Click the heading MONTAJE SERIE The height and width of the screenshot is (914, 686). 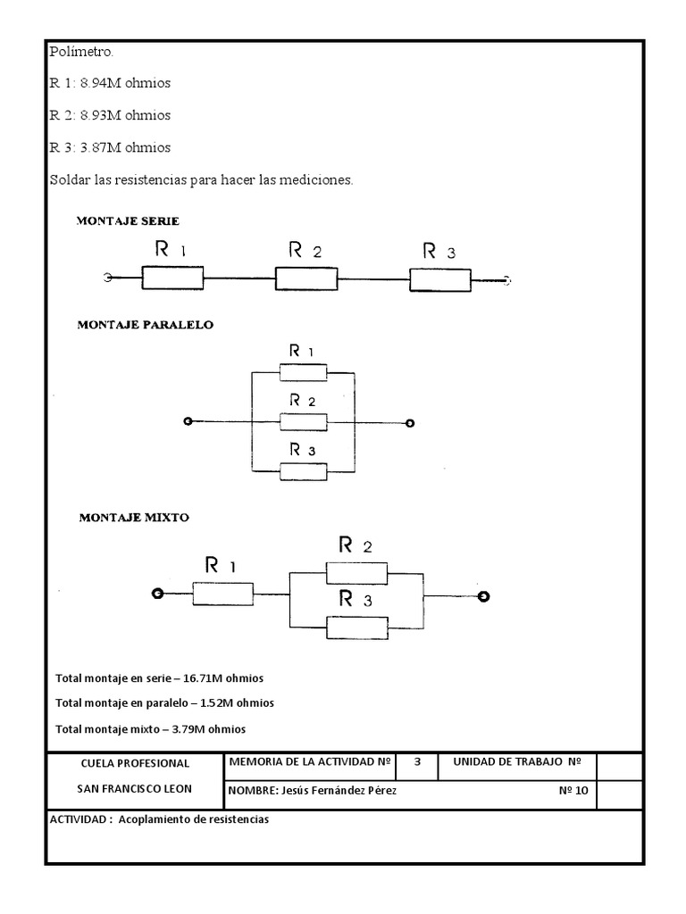coord(128,221)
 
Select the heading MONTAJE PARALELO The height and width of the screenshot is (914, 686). coord(146,325)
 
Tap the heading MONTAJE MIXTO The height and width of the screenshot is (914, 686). coord(134,518)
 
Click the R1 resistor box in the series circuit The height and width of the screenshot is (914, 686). coord(172,278)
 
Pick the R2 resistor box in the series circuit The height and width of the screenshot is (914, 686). coord(306,278)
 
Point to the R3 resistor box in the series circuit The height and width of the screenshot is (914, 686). coord(440,280)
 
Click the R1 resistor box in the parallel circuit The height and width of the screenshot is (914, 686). coord(304,372)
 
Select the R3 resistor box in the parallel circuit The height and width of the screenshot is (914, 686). coord(304,471)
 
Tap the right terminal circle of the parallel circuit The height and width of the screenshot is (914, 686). coord(410,423)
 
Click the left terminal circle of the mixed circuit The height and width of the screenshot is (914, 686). coord(157,594)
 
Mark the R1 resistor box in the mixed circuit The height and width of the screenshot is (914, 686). coord(222,594)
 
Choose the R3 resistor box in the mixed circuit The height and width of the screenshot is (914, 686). coord(357,627)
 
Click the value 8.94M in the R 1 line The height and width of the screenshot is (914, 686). coord(100,83)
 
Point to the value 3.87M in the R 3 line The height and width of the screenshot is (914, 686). coord(100,148)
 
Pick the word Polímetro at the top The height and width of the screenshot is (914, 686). coord(80,52)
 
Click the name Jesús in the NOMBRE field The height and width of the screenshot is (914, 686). coord(295,791)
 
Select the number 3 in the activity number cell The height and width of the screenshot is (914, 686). coord(417,762)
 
